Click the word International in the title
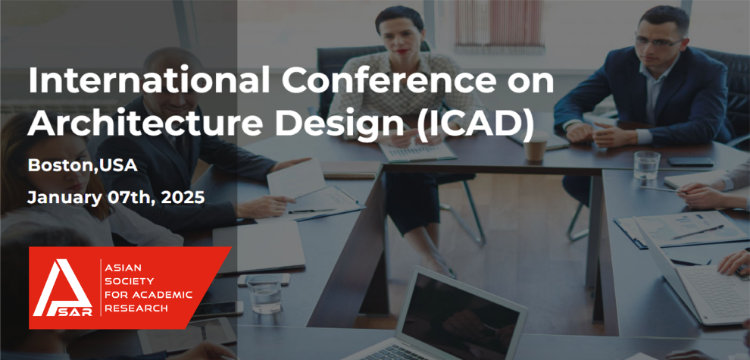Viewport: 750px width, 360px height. (x=148, y=81)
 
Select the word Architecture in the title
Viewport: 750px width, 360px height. (x=145, y=123)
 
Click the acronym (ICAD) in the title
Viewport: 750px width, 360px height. (x=473, y=124)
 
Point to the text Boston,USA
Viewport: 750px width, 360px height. (x=83, y=166)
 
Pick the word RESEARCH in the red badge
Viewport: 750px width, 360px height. (x=137, y=308)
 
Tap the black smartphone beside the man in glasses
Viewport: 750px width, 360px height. (x=689, y=161)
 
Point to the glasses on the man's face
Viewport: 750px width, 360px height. (x=658, y=42)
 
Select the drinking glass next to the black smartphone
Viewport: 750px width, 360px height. (x=646, y=164)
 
